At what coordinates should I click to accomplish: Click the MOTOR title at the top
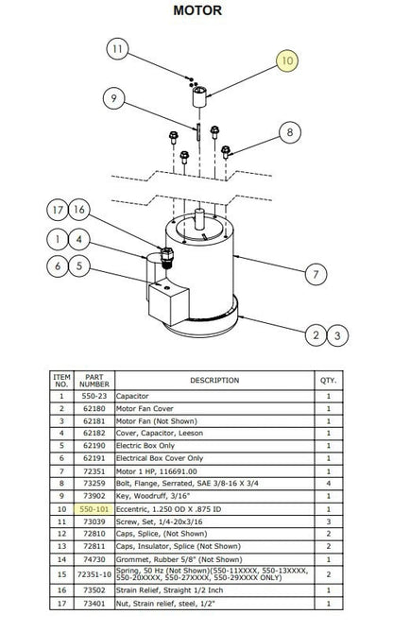tap(197, 10)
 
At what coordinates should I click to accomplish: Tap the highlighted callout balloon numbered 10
tap(287, 60)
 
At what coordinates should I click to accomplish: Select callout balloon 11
tap(117, 49)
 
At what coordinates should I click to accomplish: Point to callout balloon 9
tap(113, 98)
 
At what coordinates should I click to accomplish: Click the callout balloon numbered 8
tap(290, 132)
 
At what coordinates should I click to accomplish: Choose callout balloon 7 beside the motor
tap(316, 275)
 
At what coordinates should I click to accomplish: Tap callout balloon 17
tap(58, 210)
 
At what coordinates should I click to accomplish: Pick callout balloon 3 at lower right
tap(337, 335)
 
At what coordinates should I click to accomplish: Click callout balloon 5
tap(79, 265)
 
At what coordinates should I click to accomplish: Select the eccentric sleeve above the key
tap(199, 96)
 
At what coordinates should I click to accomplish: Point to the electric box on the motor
tap(168, 301)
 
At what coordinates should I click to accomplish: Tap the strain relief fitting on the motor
tap(167, 257)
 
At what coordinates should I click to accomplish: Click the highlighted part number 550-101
tap(94, 509)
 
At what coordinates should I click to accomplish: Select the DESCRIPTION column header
tap(214, 380)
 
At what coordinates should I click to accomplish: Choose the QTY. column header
tap(329, 380)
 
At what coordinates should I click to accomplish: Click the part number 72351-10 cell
tap(94, 574)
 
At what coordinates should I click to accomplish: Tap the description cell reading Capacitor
tap(132, 396)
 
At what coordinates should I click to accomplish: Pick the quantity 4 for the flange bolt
tap(329, 484)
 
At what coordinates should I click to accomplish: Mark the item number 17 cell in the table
tap(61, 604)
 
